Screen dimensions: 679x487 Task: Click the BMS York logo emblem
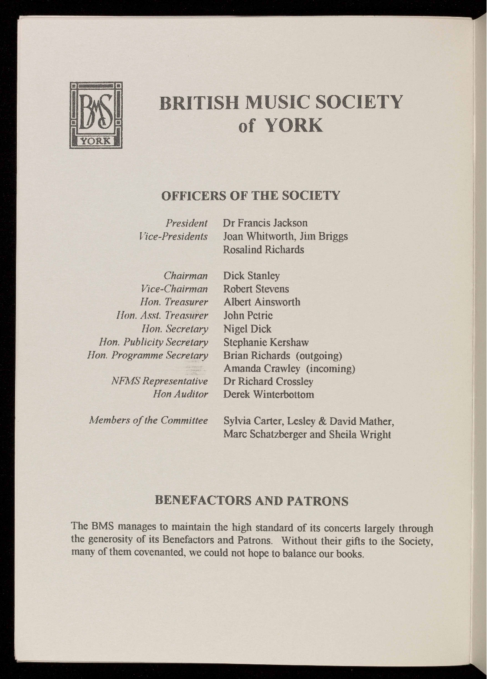(97, 115)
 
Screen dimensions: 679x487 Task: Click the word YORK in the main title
(294, 125)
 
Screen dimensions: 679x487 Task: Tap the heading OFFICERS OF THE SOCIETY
(251, 196)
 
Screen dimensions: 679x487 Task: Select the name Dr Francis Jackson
(265, 223)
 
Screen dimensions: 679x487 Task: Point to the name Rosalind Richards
(263, 250)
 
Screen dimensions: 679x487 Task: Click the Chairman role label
(186, 276)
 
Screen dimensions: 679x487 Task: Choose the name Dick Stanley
(252, 276)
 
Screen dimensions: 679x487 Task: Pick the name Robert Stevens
(256, 289)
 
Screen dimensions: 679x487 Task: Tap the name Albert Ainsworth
(261, 302)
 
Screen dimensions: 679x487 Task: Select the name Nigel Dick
(247, 329)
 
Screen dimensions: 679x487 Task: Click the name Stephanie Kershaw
(266, 342)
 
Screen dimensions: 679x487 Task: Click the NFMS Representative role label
(160, 381)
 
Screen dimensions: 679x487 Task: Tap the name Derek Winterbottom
(268, 395)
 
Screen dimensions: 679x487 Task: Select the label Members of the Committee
(148, 420)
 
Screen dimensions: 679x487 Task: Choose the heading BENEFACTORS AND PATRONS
(252, 501)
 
